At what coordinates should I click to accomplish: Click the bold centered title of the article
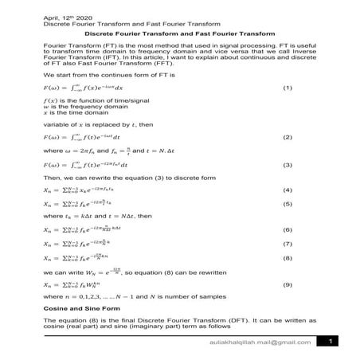pyautogui.click(x=179, y=34)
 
